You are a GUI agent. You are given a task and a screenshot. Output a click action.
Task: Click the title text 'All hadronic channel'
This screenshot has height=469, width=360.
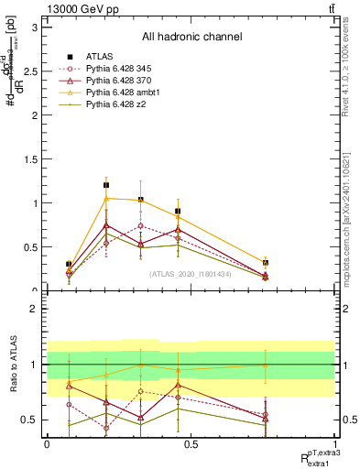point(191,38)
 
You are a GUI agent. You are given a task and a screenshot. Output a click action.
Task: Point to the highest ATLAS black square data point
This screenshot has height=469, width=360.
point(106,185)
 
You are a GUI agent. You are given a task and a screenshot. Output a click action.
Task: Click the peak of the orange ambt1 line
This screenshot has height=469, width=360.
point(106,198)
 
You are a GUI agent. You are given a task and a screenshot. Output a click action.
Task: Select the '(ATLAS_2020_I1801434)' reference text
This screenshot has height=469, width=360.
point(191,274)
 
